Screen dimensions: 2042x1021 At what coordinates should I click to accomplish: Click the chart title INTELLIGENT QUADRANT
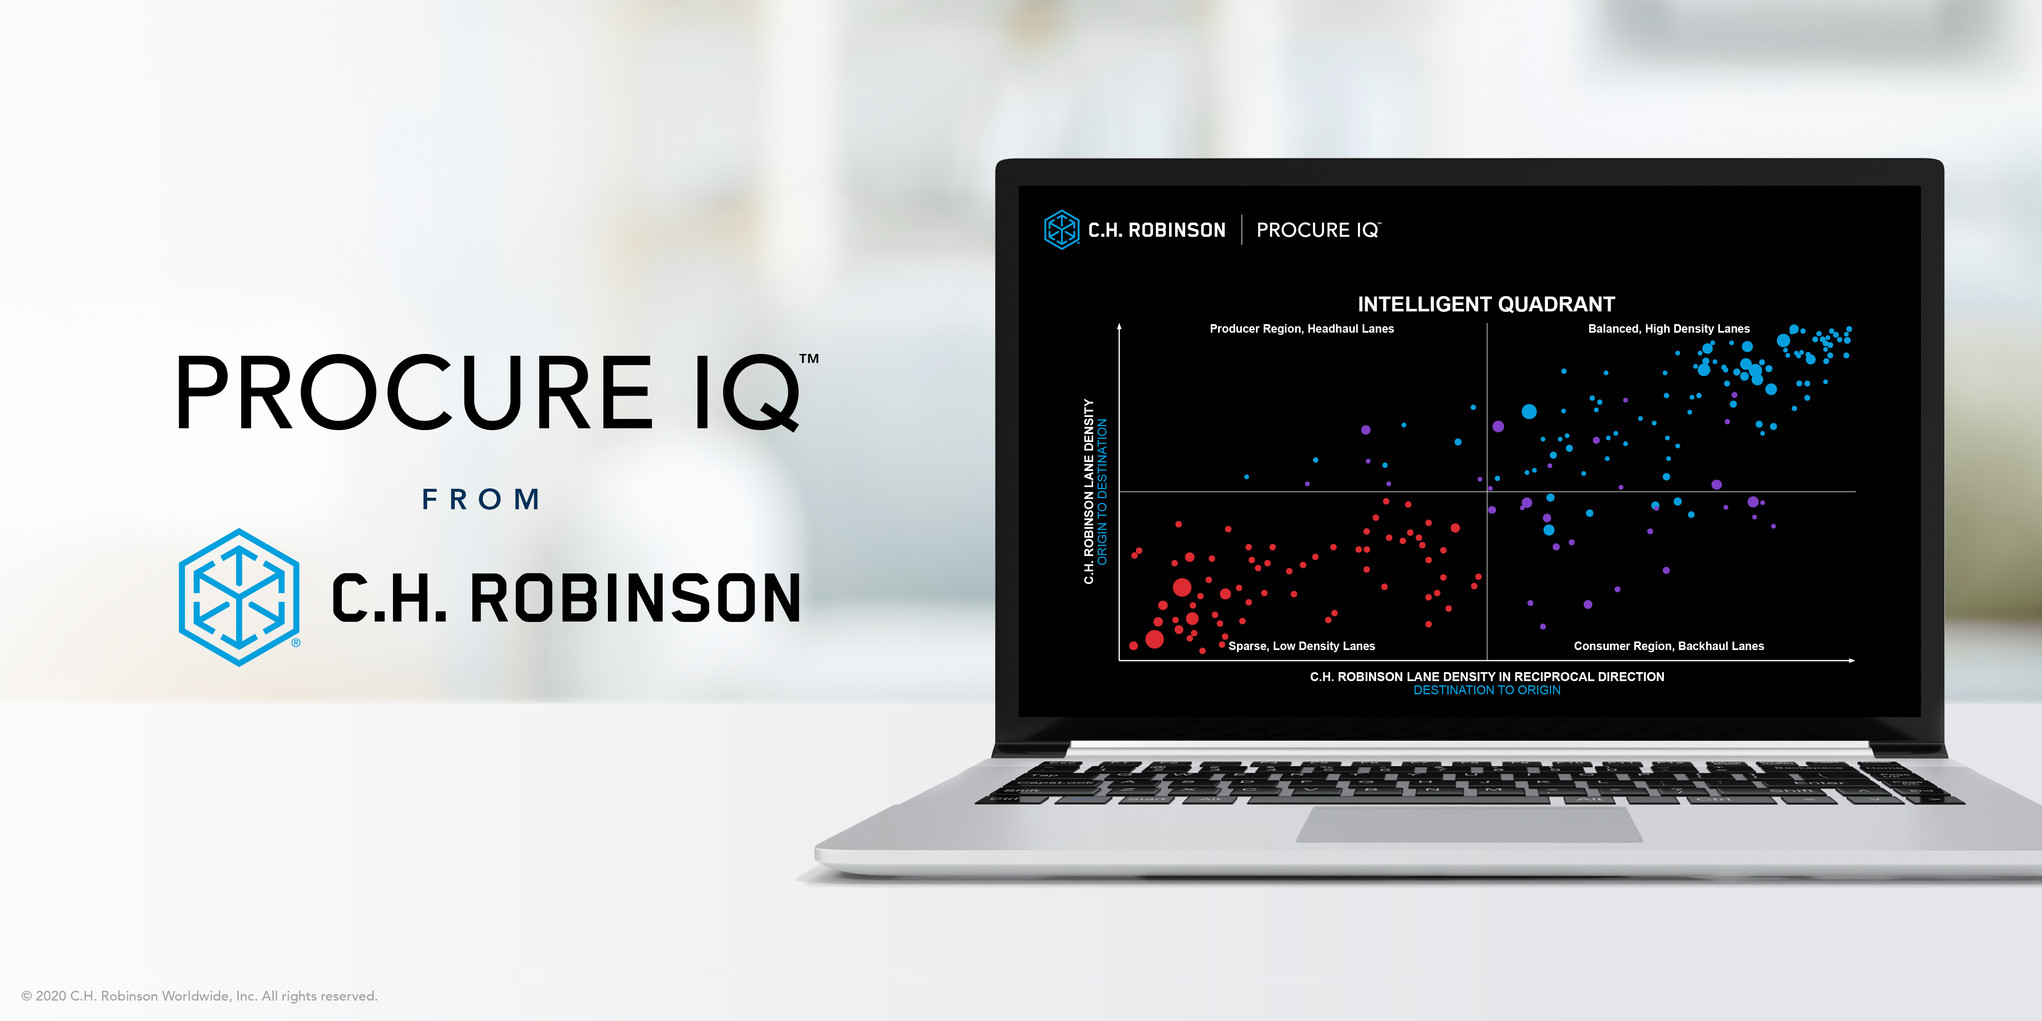point(1486,305)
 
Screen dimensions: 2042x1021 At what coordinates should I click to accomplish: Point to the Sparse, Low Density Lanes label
point(1302,646)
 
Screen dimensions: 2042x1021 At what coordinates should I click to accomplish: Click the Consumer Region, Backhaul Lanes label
point(1668,646)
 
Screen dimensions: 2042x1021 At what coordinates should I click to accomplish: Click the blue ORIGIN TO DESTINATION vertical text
point(1102,491)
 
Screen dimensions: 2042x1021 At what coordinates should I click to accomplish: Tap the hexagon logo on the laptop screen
point(1061,230)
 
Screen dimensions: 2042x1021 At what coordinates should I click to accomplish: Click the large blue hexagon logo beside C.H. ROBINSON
point(239,598)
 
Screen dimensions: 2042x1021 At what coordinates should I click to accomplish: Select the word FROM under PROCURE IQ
point(481,499)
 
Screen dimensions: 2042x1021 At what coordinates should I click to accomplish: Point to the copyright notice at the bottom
point(199,995)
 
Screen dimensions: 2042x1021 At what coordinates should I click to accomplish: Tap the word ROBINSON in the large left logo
point(635,599)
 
